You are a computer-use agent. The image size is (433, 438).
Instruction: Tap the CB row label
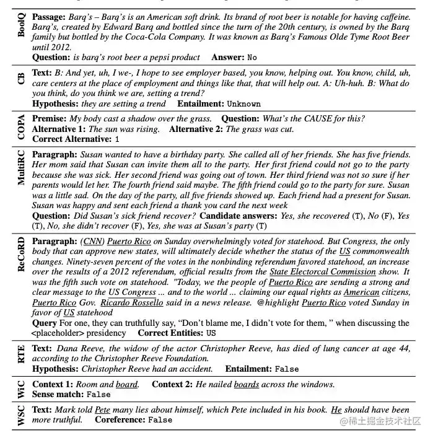click(21, 78)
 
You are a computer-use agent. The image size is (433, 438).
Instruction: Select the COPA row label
click(21, 128)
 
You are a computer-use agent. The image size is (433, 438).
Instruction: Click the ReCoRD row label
click(21, 254)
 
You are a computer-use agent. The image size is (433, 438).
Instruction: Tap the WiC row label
click(21, 388)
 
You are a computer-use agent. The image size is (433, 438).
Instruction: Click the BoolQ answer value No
click(251, 58)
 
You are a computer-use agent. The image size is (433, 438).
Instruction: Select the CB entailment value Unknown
click(243, 103)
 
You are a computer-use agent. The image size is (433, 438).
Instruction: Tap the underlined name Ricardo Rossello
click(131, 302)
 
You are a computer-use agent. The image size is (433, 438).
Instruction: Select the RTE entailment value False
click(286, 369)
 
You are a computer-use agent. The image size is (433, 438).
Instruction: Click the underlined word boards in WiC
click(247, 384)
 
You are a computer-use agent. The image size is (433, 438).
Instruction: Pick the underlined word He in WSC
click(336, 410)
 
